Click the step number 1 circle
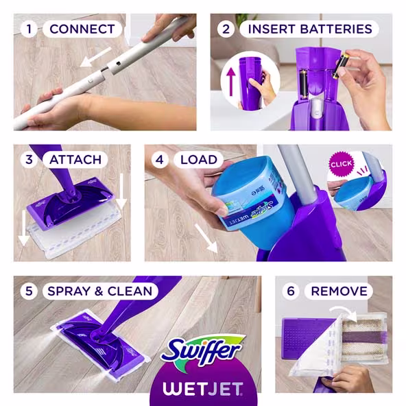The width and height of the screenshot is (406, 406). (x=29, y=29)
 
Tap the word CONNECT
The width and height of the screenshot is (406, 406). (x=82, y=29)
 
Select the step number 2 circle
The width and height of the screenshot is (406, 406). (x=226, y=29)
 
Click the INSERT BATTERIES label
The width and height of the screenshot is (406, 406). (x=309, y=29)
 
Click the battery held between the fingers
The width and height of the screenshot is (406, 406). (x=340, y=66)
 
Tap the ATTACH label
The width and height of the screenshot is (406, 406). (x=75, y=160)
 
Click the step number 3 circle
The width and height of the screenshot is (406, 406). (x=29, y=160)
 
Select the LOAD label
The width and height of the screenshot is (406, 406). (x=199, y=160)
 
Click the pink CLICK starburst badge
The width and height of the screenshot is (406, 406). (x=341, y=165)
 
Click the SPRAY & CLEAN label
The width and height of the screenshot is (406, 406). (x=100, y=291)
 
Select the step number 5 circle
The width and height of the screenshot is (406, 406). (x=29, y=291)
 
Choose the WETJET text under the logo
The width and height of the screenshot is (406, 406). (x=203, y=390)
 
